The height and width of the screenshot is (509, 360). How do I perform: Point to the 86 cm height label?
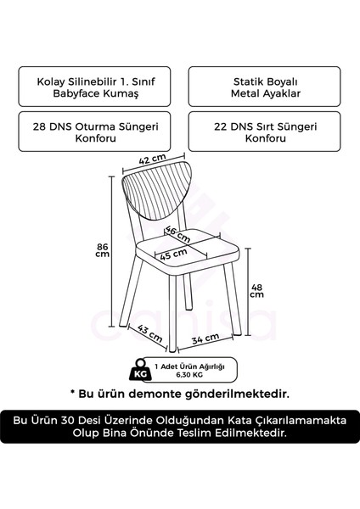tap(102, 249)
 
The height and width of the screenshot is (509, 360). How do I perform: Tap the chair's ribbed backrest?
tap(161, 193)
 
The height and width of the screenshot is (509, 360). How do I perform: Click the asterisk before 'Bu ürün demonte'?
tap(74, 394)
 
